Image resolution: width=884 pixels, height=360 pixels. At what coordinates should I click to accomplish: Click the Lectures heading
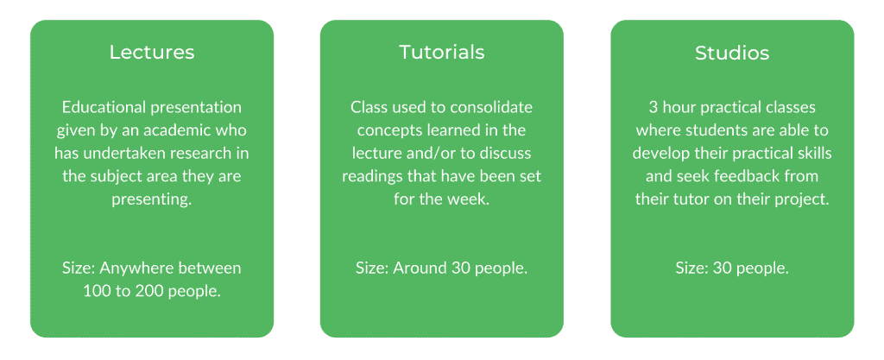pyautogui.click(x=152, y=53)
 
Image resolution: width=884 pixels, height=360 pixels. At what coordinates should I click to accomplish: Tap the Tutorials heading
pyautogui.click(x=441, y=52)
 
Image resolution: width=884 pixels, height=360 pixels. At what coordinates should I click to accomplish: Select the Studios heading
pyautogui.click(x=732, y=53)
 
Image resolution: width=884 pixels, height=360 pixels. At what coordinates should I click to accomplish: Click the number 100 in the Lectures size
pyautogui.click(x=94, y=291)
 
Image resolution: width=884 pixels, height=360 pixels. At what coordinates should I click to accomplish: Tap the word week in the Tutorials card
pyautogui.click(x=472, y=199)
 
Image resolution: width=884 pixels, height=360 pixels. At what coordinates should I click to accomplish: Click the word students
pyautogui.click(x=710, y=130)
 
